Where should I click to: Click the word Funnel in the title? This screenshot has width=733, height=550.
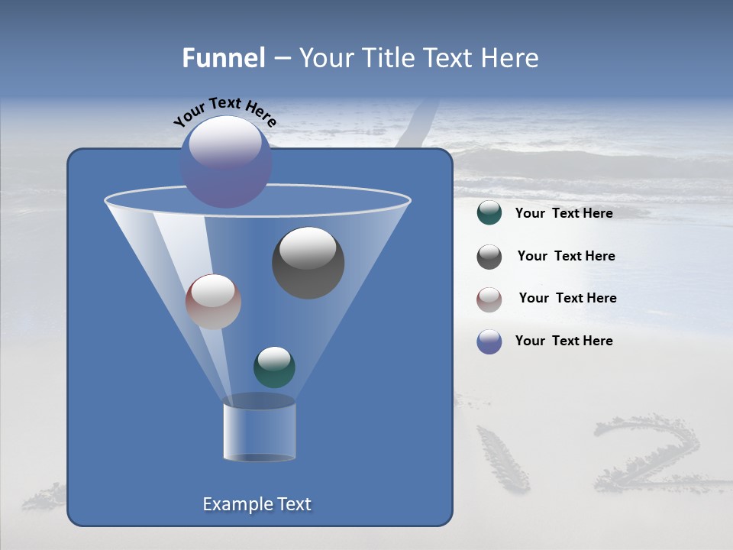click(x=224, y=58)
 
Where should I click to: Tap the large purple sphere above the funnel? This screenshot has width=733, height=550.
click(x=226, y=162)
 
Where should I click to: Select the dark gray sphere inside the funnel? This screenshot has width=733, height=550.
click(x=308, y=263)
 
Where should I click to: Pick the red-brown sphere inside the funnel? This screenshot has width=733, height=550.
click(x=213, y=302)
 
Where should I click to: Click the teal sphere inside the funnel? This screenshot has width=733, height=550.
click(x=274, y=367)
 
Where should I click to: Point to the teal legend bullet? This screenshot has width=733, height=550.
click(x=489, y=213)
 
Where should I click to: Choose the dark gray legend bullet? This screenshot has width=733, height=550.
click(x=489, y=257)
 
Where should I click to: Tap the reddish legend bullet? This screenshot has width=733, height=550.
click(x=489, y=299)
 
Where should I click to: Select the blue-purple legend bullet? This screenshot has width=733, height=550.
click(x=489, y=341)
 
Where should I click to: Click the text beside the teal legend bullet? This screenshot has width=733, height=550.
click(x=563, y=214)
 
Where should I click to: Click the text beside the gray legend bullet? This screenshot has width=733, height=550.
click(x=566, y=257)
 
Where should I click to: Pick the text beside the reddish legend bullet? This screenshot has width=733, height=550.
click(x=567, y=299)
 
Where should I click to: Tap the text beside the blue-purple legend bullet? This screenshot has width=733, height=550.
click(x=563, y=341)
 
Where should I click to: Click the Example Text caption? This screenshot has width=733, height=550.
click(x=257, y=504)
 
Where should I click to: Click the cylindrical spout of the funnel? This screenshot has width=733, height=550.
click(x=259, y=432)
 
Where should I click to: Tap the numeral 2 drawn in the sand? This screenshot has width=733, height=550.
click(x=645, y=455)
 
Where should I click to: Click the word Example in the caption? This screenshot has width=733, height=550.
click(x=233, y=504)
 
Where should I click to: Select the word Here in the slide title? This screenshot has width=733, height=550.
click(x=507, y=58)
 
